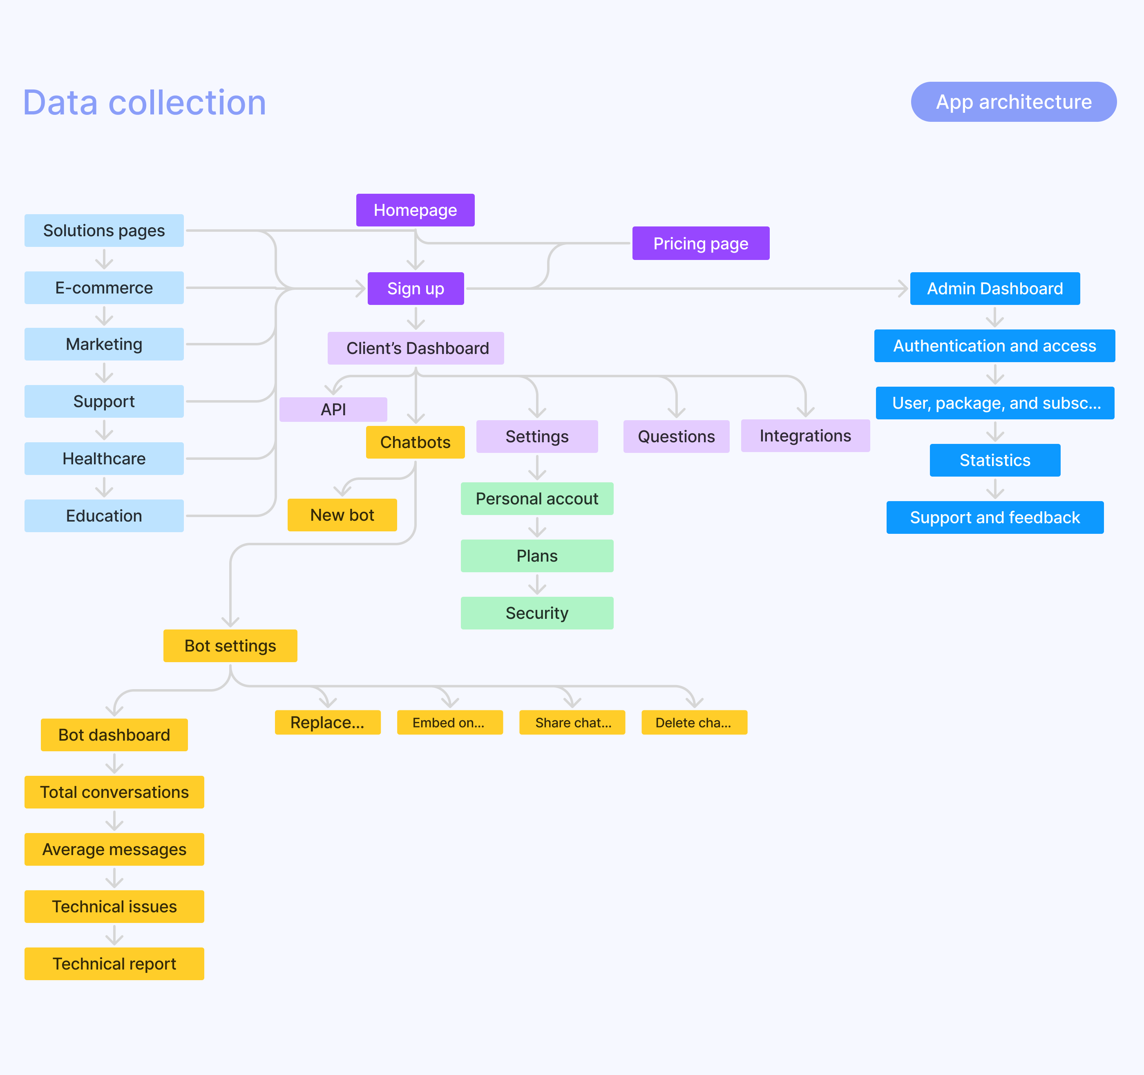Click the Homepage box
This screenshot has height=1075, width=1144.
pos(415,210)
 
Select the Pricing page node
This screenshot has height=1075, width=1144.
pos(700,244)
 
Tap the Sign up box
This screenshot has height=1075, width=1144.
pos(416,289)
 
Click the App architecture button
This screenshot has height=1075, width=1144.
pos(1013,102)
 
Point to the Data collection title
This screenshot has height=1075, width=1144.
pos(145,103)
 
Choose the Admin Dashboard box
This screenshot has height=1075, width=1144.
pos(994,289)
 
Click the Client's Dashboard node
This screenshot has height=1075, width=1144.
pos(416,348)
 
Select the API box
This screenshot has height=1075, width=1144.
pos(333,410)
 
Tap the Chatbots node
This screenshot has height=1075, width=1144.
pos(415,442)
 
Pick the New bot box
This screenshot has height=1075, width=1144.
pos(342,515)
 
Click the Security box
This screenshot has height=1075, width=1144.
pos(537,613)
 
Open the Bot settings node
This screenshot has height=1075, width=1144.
pos(230,646)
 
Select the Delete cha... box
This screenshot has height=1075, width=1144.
pos(694,723)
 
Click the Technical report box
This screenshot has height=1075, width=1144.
pos(114,964)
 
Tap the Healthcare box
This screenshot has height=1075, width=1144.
pos(104,459)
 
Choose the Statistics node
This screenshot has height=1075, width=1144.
pos(994,460)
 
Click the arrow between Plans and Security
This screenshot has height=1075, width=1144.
pos(537,585)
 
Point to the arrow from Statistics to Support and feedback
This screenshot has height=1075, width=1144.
pos(995,489)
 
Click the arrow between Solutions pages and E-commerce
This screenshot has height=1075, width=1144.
pos(104,259)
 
